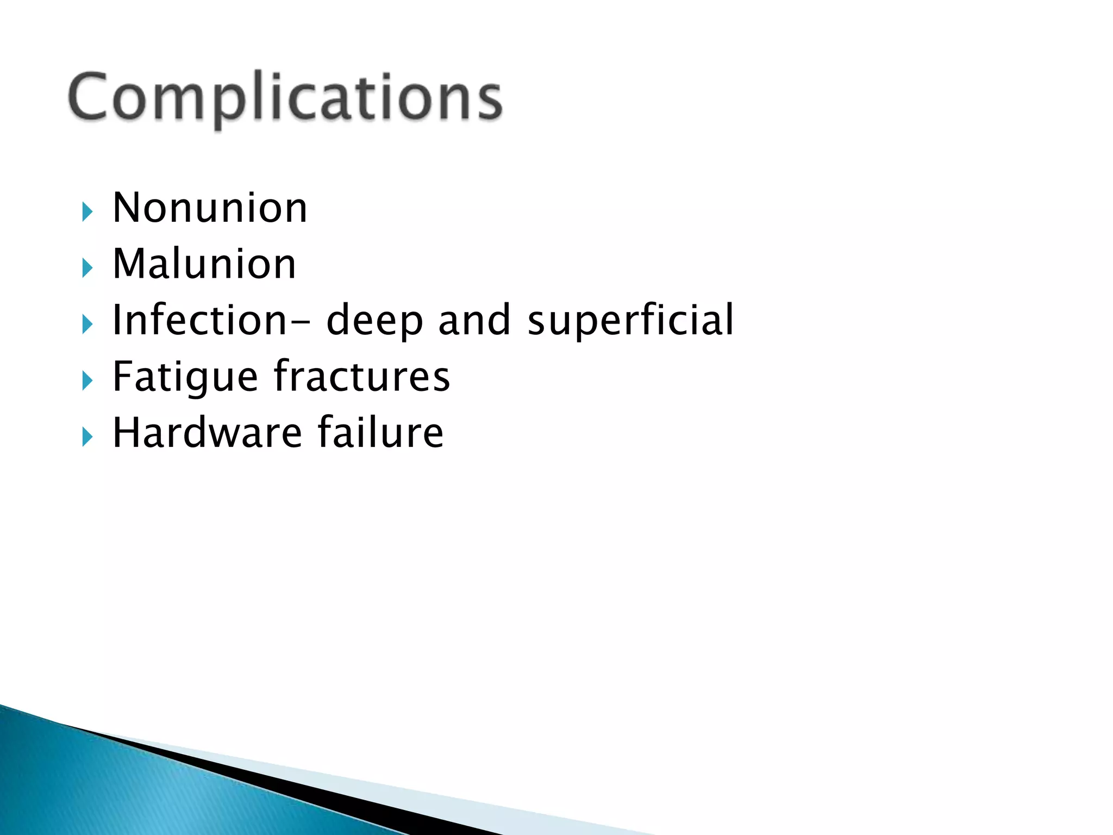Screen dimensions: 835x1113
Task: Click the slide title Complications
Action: (x=285, y=98)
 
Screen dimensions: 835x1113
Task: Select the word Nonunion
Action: (x=210, y=208)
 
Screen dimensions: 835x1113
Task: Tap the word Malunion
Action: (x=204, y=264)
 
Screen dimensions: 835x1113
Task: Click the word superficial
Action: (x=630, y=321)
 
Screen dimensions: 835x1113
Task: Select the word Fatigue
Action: (x=185, y=377)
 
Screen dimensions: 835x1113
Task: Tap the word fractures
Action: (x=362, y=376)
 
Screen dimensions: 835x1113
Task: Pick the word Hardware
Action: (x=207, y=433)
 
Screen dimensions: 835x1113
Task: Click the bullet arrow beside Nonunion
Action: (x=87, y=211)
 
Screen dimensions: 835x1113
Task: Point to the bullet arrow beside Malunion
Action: (x=87, y=267)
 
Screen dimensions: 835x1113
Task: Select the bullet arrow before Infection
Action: (x=87, y=324)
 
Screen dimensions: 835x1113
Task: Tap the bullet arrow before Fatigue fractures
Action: (x=87, y=380)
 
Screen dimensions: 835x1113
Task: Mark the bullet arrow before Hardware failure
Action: (x=87, y=436)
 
